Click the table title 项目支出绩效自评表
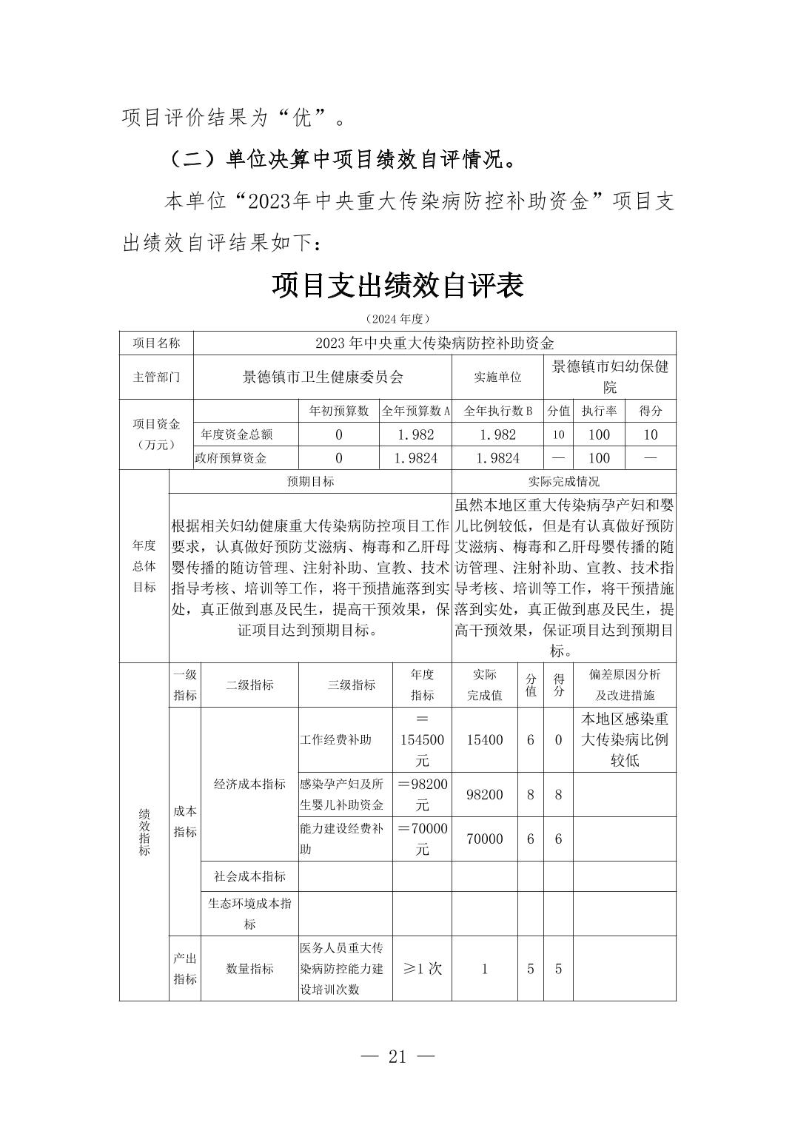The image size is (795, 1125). click(397, 286)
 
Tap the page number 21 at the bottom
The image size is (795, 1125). click(397, 1056)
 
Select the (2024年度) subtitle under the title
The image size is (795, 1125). click(397, 319)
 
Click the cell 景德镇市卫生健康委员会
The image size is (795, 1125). click(323, 377)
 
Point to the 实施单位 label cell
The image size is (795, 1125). click(497, 377)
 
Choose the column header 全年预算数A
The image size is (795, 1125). click(415, 412)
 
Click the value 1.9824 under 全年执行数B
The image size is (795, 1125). click(497, 458)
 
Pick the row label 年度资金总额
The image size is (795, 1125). click(237, 434)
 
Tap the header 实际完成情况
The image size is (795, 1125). click(563, 482)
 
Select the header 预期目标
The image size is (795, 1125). click(310, 482)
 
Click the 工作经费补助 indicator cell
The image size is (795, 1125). click(336, 739)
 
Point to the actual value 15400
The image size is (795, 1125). click(485, 739)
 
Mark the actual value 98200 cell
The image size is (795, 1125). click(485, 795)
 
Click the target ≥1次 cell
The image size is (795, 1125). click(422, 968)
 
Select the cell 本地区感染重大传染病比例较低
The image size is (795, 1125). click(624, 739)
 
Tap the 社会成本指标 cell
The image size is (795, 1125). click(249, 876)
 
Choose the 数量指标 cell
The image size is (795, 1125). click(249, 968)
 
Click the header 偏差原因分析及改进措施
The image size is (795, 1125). click(624, 685)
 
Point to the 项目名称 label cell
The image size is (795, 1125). click(155, 343)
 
